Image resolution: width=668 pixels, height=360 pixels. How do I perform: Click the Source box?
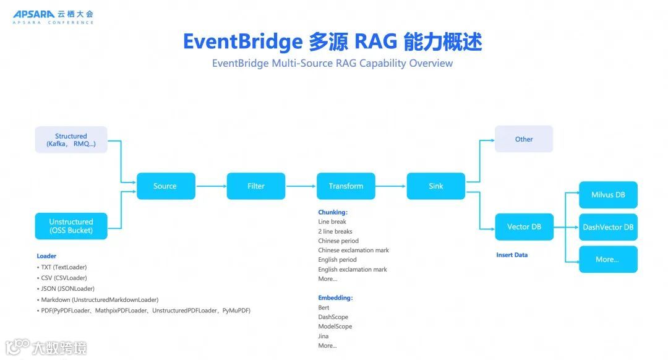[165, 186]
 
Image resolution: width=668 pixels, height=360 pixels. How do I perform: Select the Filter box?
[256, 186]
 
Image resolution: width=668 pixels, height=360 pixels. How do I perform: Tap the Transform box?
[346, 186]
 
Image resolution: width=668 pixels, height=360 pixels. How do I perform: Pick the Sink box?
[436, 186]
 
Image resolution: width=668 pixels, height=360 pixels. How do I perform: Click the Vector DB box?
[524, 227]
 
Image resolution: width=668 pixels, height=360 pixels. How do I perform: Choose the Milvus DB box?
[608, 195]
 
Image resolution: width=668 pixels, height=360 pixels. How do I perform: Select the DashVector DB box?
[608, 227]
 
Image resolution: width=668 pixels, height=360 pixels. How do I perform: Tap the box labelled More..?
[608, 259]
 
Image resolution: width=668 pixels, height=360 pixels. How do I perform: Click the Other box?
[524, 139]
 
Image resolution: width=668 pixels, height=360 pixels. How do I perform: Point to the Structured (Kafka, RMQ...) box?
[71, 140]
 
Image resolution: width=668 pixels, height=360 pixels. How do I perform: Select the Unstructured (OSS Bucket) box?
[71, 226]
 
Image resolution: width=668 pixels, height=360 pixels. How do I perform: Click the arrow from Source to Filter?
[211, 186]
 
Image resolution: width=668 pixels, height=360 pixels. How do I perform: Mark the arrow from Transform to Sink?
[391, 186]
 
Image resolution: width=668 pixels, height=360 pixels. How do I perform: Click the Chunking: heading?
[333, 212]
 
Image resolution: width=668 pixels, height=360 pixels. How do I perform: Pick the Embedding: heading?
[335, 298]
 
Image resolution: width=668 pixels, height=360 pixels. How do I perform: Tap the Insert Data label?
[512, 255]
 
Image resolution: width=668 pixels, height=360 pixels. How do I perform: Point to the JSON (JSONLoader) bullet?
[68, 289]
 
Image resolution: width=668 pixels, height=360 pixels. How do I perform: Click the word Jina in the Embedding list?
[323, 336]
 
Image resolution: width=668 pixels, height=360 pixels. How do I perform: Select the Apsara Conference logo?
[53, 17]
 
